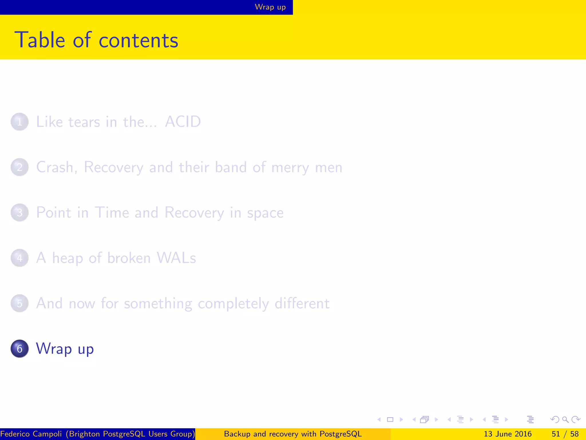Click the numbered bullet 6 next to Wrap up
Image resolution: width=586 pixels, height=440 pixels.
(19, 349)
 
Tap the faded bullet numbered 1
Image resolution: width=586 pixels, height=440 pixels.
(19, 122)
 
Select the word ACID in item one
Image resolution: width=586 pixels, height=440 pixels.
(183, 122)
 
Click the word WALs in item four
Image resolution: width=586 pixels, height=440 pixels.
(176, 258)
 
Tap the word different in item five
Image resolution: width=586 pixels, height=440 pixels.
(302, 303)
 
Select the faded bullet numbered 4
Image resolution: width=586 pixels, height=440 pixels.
(19, 258)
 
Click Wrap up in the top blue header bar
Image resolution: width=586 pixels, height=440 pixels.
(270, 7)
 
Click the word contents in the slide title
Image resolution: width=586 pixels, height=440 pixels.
(138, 40)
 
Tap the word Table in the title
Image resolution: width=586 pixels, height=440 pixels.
(40, 40)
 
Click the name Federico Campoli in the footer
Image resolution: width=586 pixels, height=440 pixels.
(31, 434)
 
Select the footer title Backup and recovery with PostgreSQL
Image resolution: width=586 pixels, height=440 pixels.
(293, 434)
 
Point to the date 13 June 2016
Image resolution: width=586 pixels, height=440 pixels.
(507, 434)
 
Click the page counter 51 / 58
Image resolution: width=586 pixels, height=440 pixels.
(565, 434)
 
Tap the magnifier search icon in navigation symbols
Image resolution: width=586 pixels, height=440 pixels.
(565, 420)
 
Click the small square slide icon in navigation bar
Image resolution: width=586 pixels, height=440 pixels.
(390, 420)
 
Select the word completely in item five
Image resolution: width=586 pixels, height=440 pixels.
(233, 304)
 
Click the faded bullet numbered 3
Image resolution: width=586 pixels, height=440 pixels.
(19, 213)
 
